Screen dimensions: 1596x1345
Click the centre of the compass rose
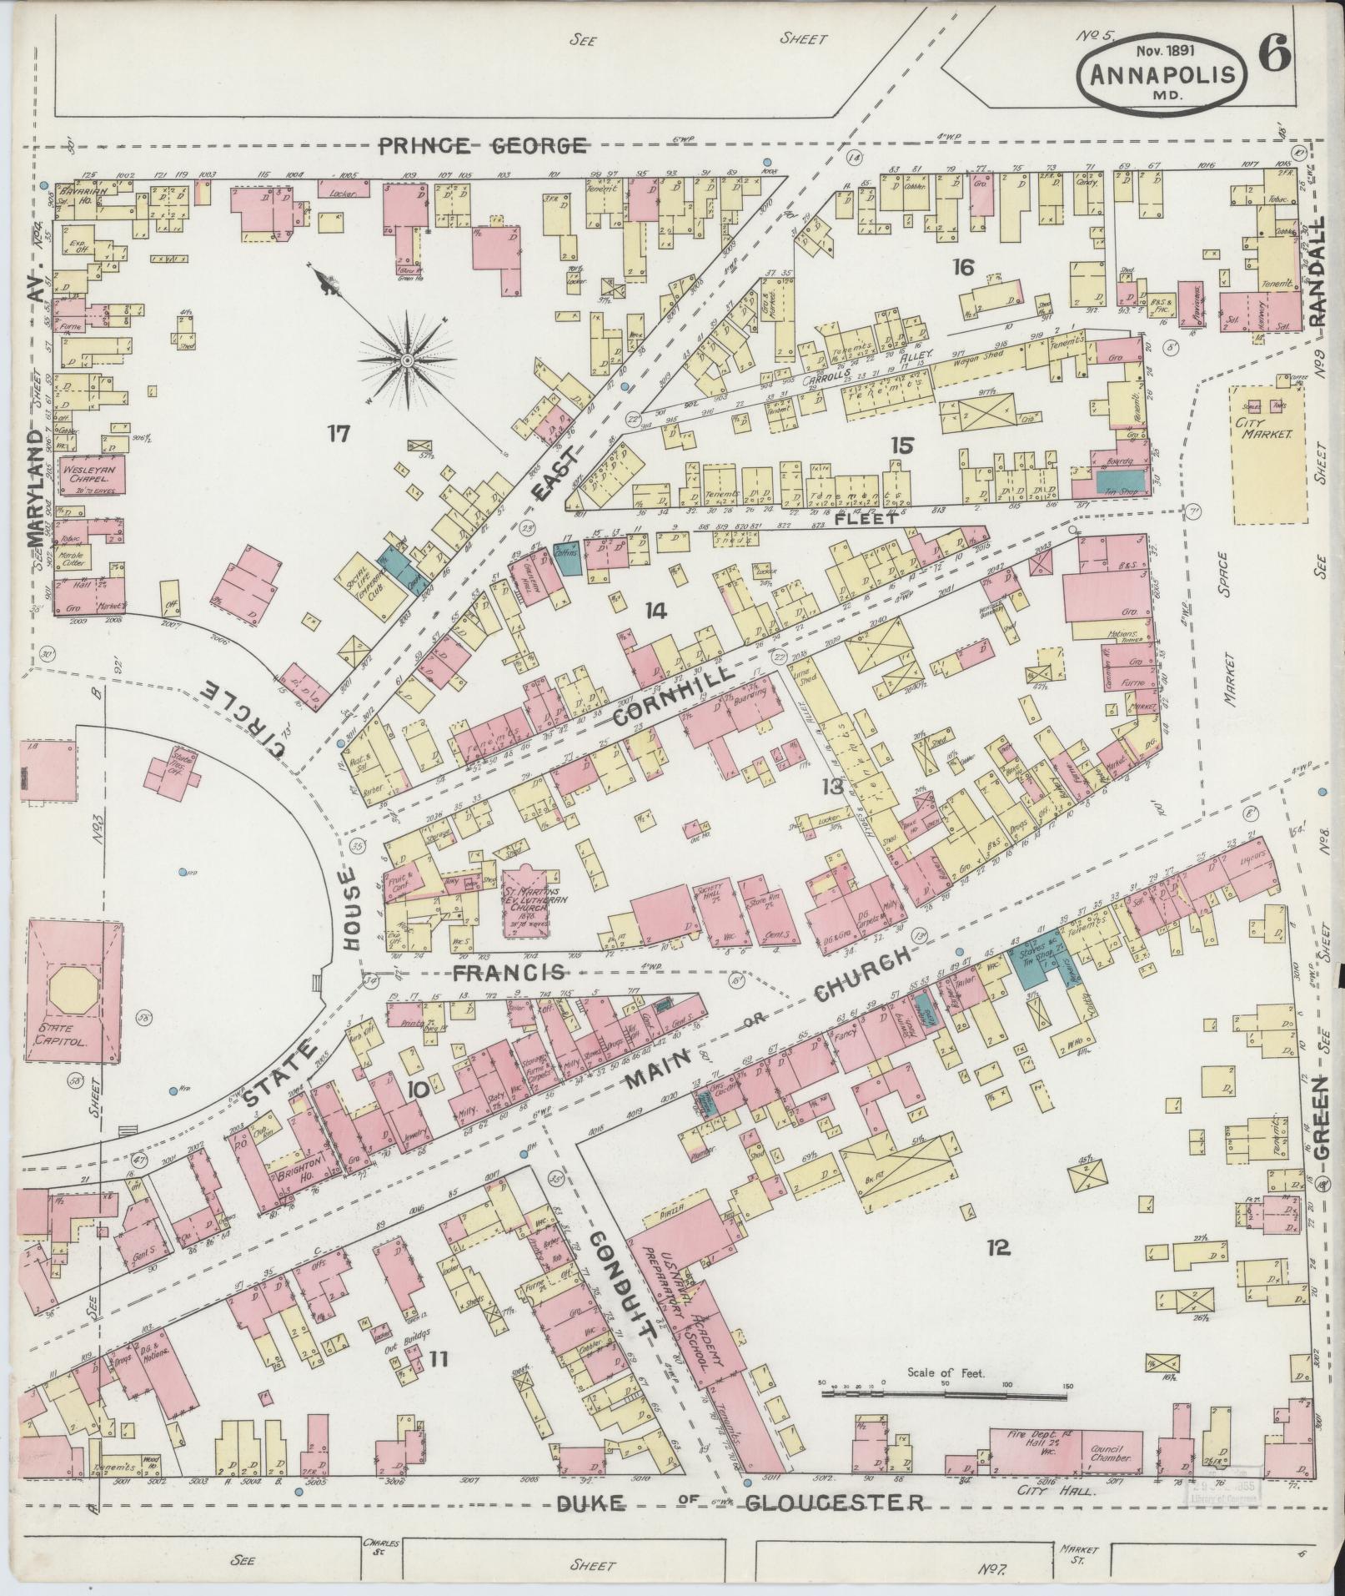pos(407,360)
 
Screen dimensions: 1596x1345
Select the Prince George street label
pos(482,146)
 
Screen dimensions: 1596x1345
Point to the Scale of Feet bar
pos(942,1392)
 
